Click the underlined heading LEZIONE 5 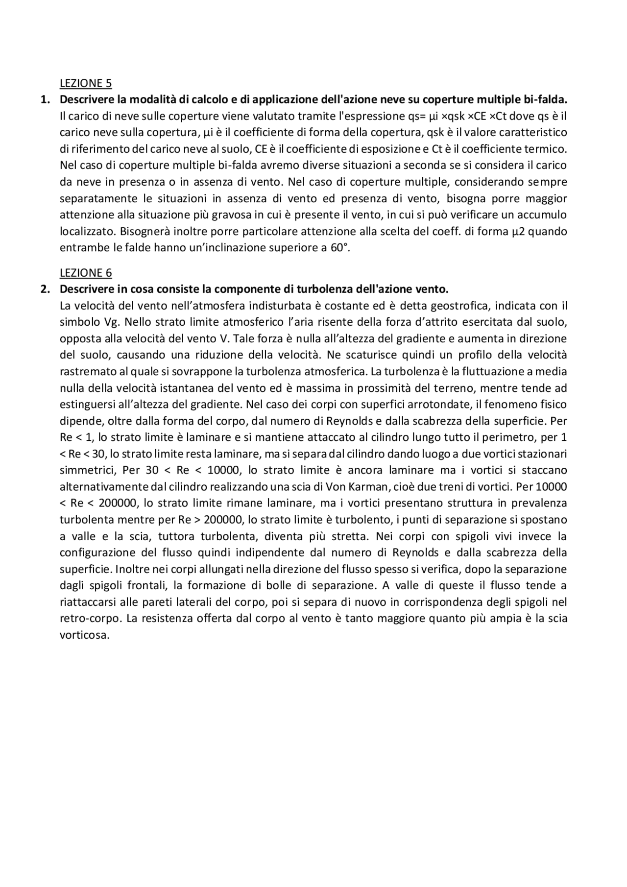tap(85, 83)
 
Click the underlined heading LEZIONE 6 tap(85, 273)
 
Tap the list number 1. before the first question tap(45, 100)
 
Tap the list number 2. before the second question tap(45, 289)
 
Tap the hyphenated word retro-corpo tap(89, 619)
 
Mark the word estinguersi tap(87, 405)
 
